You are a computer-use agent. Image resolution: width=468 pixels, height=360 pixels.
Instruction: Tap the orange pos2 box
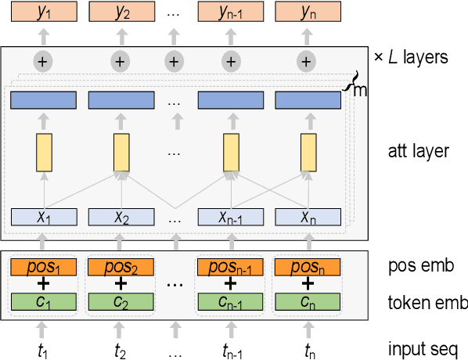tap(121, 267)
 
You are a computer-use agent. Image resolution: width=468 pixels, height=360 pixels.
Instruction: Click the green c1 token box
tap(43, 301)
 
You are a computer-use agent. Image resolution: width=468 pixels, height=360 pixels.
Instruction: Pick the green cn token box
tap(308, 301)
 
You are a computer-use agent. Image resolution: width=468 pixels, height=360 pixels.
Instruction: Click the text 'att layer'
tap(418, 150)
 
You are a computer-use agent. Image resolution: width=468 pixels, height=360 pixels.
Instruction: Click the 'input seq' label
tap(427, 348)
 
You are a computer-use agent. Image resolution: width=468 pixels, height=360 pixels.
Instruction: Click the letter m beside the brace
tap(361, 91)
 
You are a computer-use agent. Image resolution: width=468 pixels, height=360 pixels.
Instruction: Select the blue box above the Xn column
tap(308, 100)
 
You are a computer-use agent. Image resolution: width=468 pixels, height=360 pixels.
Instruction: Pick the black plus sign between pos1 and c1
tap(43, 284)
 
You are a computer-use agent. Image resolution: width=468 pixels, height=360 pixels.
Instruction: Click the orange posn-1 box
tap(230, 267)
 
